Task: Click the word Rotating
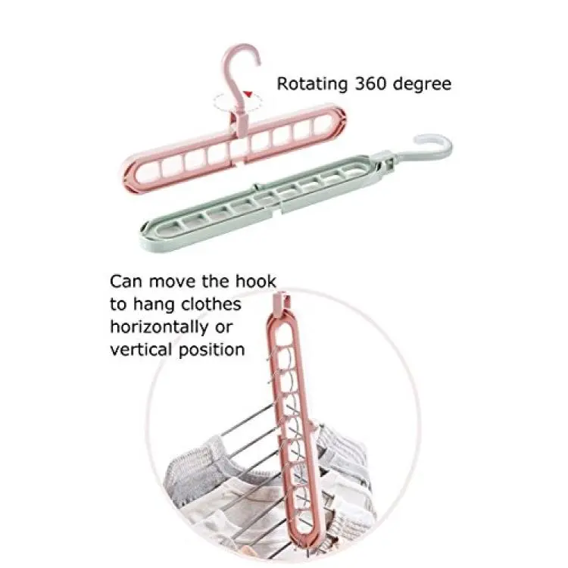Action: tap(312, 84)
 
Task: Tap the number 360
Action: tap(370, 83)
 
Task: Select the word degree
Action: tap(422, 84)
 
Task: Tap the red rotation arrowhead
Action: tap(248, 95)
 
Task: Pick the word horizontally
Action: tap(159, 327)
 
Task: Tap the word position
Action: tap(212, 351)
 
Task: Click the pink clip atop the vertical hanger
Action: tap(282, 302)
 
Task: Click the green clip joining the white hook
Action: tap(385, 162)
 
